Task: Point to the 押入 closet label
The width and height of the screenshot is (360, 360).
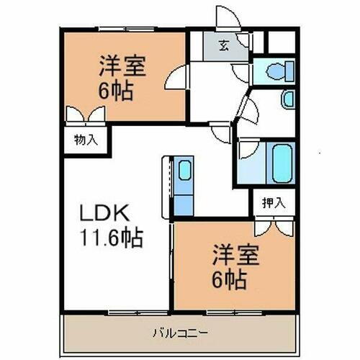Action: point(273,202)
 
